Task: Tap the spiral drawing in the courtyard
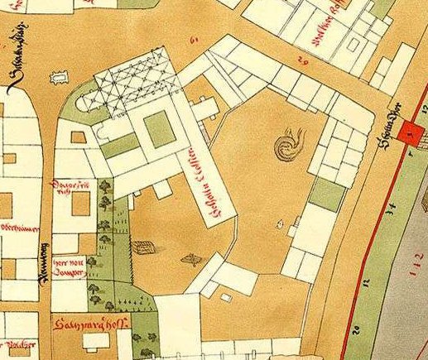click(289, 146)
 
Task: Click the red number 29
click(302, 60)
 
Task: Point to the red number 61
click(196, 39)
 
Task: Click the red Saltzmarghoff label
click(86, 324)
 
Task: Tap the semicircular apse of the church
click(87, 103)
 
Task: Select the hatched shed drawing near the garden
click(143, 247)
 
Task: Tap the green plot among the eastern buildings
click(329, 195)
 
